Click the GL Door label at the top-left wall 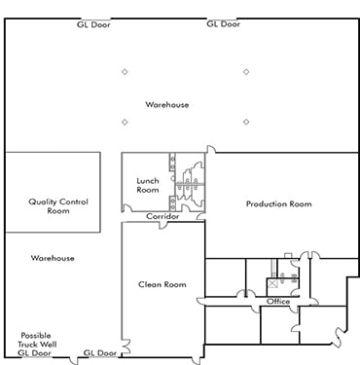pyautogui.click(x=93, y=23)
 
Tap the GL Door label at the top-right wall pyautogui.click(x=224, y=23)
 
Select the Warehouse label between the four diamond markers pyautogui.click(x=166, y=104)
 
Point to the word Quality pyautogui.click(x=45, y=202)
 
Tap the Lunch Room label pyautogui.click(x=148, y=185)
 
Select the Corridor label pyautogui.click(x=162, y=216)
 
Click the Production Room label pyautogui.click(x=278, y=203)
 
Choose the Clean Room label pyautogui.click(x=162, y=284)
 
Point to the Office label pyautogui.click(x=278, y=302)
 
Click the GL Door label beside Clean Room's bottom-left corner pyautogui.click(x=100, y=352)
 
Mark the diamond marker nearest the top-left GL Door pyautogui.click(x=125, y=71)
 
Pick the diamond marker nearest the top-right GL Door pyautogui.click(x=246, y=71)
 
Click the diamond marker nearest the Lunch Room pyautogui.click(x=125, y=122)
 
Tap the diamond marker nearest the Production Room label pyautogui.click(x=246, y=122)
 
